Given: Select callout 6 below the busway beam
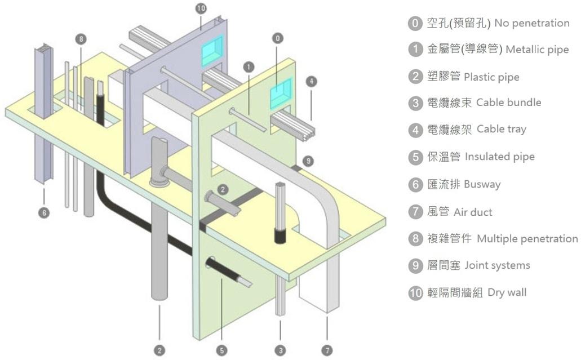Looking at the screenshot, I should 44,212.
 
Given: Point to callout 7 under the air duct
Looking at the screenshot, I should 327,350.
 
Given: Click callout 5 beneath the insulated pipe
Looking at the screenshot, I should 222,350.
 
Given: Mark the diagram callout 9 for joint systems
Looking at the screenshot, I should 307,161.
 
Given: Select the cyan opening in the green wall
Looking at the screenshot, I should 281,92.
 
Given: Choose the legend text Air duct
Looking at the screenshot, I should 473,212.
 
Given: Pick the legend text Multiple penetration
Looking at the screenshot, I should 527,238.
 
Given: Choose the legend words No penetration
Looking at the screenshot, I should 530,24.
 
